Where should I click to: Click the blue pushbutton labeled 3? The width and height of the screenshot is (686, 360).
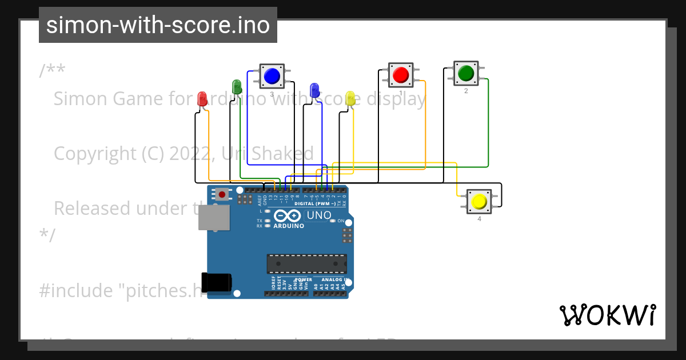pos(272,75)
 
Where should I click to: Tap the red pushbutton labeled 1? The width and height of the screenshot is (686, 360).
pos(401,75)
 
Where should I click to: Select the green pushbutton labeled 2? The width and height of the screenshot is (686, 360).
pos(466,73)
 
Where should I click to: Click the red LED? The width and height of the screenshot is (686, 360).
pos(202,99)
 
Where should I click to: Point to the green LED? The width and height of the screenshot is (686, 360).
pos(237,87)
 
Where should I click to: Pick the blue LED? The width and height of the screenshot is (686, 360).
pos(314,90)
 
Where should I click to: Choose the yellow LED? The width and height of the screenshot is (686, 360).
pos(350,98)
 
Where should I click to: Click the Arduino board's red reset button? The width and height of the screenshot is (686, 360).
pos(221,194)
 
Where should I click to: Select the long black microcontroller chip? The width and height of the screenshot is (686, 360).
pos(306,263)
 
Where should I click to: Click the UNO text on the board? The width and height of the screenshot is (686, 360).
pos(319,215)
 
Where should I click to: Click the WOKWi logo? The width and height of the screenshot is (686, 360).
pos(607,315)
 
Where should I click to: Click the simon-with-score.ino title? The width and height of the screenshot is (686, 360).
pos(158,25)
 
